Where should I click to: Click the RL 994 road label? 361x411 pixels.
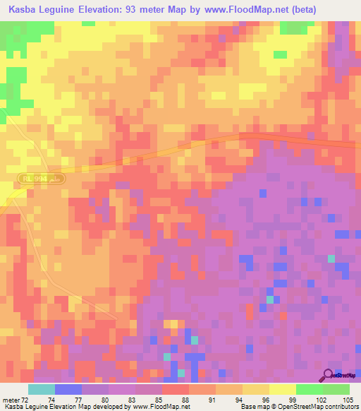click(x=43, y=179)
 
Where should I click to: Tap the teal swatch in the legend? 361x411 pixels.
click(x=42, y=389)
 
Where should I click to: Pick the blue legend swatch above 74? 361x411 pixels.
click(x=68, y=389)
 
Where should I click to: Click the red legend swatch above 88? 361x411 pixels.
click(x=176, y=389)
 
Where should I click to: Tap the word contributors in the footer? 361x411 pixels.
click(x=340, y=407)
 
